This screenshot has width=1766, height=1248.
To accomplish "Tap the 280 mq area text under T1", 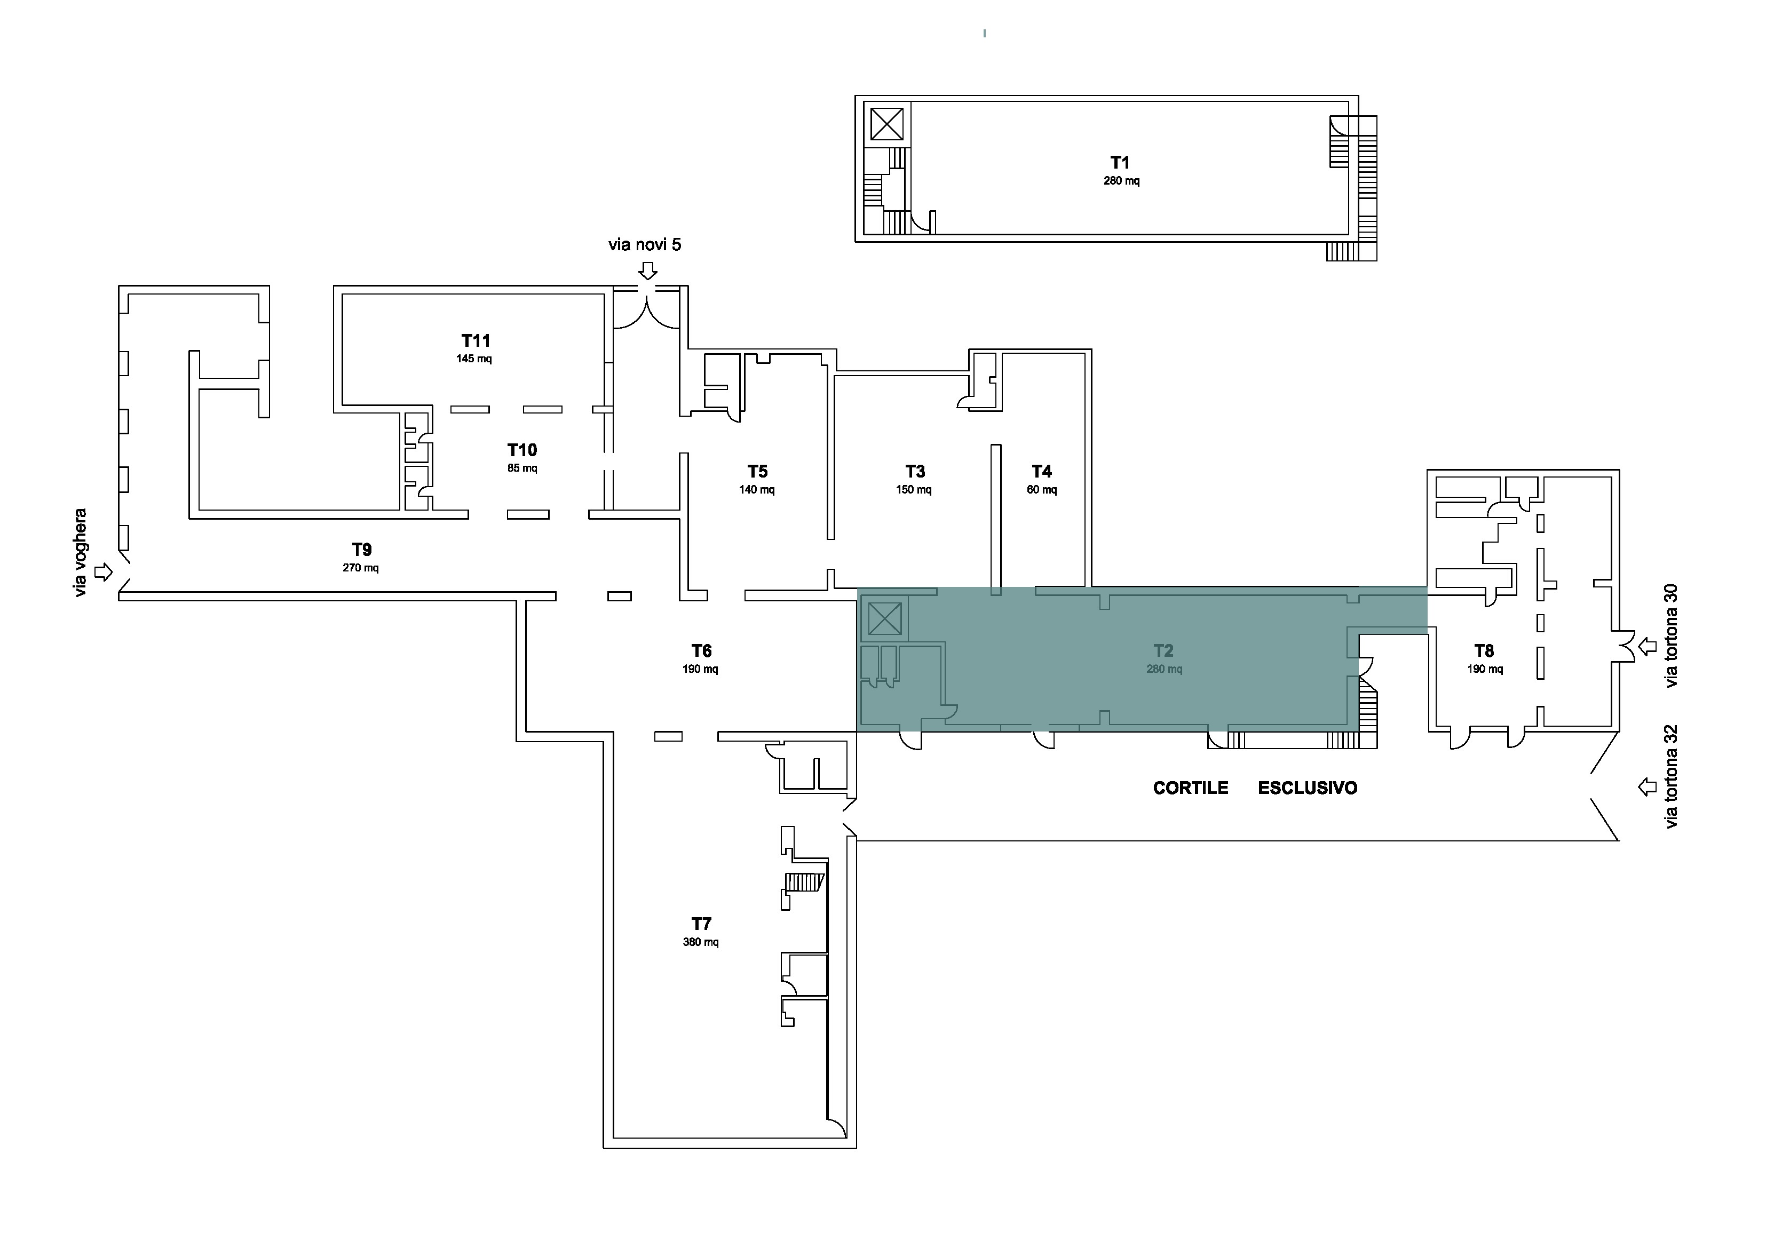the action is click(1121, 181).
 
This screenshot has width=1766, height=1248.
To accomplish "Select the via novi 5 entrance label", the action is click(645, 244).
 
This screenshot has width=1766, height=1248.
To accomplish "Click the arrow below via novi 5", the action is click(648, 271).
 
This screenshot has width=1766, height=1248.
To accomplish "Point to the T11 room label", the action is click(476, 340).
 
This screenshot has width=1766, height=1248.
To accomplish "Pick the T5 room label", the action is click(758, 471).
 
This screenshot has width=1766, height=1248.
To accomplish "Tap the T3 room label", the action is click(915, 471).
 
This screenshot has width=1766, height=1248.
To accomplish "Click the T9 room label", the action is click(361, 550).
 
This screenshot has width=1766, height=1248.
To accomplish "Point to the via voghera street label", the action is click(81, 553).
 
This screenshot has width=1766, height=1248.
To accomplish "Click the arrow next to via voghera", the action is click(103, 572).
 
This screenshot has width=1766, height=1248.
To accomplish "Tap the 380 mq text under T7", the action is click(701, 942).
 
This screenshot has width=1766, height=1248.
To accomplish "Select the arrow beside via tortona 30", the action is click(1648, 647).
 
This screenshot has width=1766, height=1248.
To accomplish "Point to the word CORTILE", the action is click(1191, 788).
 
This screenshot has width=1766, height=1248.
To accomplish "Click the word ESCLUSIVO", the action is click(1308, 788).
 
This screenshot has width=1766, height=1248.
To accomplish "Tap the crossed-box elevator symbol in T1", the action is click(887, 124).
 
